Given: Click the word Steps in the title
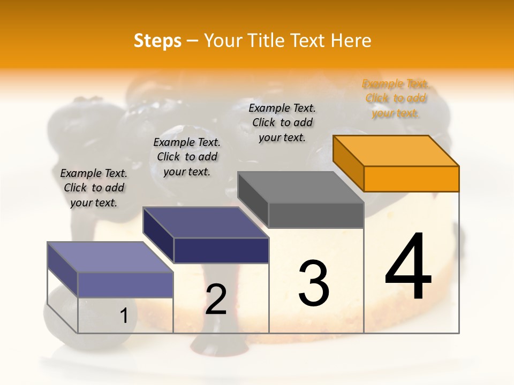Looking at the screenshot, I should pos(157,41).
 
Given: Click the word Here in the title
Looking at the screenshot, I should pos(351,41).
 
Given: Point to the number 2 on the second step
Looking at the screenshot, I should pos(216,299).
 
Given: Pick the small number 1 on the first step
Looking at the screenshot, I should pos(124,316).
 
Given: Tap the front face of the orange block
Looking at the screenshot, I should pos(411,179).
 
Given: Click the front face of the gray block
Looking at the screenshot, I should pos(316,215).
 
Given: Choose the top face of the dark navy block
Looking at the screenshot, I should pos(206,222).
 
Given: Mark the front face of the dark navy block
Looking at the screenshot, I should pos(221,250).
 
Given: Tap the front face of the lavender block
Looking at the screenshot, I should pos(125,284).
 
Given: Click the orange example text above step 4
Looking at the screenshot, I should pos(396,98).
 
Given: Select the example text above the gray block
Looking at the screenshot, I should pos(282,122).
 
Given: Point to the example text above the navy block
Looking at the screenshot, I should pos(187,157).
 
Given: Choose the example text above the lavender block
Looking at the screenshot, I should pos(94,188).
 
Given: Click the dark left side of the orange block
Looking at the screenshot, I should pos(348,163).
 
